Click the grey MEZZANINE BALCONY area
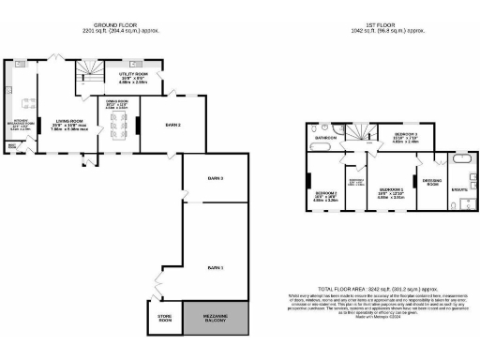pyautogui.click(x=217, y=319)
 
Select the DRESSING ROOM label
pyautogui.click(x=432, y=181)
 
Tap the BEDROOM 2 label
pyautogui.click(x=406, y=136)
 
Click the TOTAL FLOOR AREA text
pyautogui.click(x=375, y=289)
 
